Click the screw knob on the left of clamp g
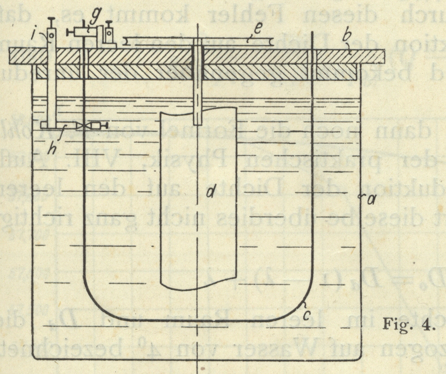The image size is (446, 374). tap(69, 32)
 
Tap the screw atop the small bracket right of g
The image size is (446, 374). tap(109, 23)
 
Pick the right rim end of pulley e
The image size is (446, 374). tap(271, 41)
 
